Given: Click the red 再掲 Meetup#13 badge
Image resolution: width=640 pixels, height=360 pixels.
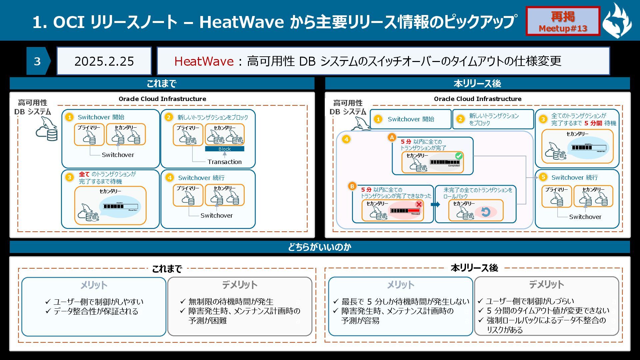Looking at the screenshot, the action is coord(563,21).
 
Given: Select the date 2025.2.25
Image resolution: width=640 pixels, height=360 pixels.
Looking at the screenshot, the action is coord(104,61).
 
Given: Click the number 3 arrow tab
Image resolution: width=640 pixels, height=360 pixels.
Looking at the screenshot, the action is coord(38,61).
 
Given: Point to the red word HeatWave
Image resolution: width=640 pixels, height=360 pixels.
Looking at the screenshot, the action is coord(204,61).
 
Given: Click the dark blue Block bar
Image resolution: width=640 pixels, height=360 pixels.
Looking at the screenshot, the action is coord(224,149).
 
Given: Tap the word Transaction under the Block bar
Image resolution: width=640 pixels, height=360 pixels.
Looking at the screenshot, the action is coord(224,162).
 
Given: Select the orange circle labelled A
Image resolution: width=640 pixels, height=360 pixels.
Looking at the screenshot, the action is coord(392,137).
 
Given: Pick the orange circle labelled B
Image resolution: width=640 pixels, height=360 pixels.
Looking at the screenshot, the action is coord(352,186).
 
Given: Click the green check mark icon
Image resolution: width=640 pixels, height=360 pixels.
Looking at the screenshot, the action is coord(459,156).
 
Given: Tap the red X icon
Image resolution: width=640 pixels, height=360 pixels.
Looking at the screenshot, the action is coord(419,204).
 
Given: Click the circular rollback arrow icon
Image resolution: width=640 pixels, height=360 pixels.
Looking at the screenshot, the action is coord(486,212).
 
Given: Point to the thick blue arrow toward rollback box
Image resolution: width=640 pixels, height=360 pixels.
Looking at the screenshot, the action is coord(435,204).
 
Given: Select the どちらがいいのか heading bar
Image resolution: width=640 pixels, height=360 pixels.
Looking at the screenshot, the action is coord(320,247).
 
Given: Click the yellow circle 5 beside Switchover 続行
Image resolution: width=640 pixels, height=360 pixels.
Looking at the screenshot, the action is coord(543,177).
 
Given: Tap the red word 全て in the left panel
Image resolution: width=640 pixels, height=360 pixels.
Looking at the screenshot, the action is coord(84,174).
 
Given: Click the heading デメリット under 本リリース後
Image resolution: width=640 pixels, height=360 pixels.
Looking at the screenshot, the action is coord(546,285).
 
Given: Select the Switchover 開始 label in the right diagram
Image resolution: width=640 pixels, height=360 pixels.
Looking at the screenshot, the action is coord(411,119).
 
